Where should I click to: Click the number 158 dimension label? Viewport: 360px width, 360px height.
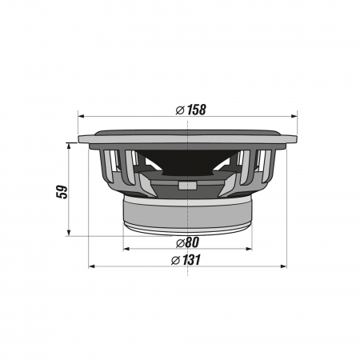197,109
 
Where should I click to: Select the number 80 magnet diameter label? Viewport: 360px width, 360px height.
192,242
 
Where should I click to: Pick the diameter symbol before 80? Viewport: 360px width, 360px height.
180,242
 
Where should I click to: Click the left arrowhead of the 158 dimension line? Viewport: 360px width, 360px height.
81,117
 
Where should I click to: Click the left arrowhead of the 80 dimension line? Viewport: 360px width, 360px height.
126,249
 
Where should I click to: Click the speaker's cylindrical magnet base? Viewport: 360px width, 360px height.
187,214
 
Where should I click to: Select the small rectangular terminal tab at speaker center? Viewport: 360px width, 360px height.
186,186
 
